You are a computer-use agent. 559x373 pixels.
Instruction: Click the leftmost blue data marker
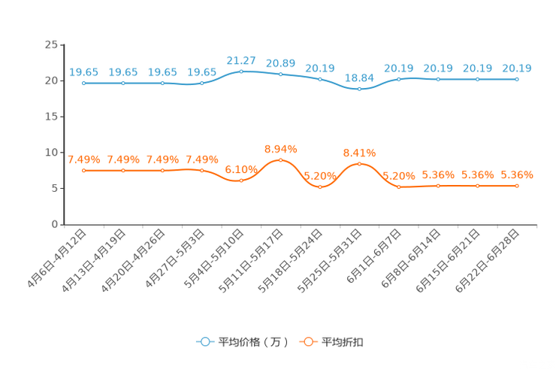[x=83, y=83]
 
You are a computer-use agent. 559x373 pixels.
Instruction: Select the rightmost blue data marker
[x=517, y=78]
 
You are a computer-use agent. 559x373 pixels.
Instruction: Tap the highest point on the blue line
[x=241, y=71]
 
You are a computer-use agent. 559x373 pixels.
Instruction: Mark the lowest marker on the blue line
[x=359, y=89]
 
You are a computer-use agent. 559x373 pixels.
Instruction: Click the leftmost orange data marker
[x=83, y=171]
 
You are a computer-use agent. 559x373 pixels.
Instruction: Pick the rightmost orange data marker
[x=517, y=186]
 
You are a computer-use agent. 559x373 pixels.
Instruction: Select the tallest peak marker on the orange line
[x=280, y=160]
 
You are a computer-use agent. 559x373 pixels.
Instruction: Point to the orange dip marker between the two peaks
[x=320, y=186]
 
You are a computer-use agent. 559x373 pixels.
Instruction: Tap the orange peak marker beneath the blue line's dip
[x=359, y=163]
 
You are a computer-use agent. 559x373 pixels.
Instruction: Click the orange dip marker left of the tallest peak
[x=241, y=180]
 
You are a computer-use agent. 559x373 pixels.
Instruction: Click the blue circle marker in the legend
[x=204, y=341]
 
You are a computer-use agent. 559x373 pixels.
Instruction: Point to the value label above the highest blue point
[x=241, y=60]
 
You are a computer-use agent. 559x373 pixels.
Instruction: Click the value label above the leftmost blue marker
[x=83, y=72]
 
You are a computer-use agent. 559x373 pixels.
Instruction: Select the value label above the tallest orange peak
[x=280, y=148]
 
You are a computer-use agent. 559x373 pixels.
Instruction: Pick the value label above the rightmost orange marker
[x=517, y=174]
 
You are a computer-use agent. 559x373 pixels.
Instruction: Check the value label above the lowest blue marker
[x=359, y=77]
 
